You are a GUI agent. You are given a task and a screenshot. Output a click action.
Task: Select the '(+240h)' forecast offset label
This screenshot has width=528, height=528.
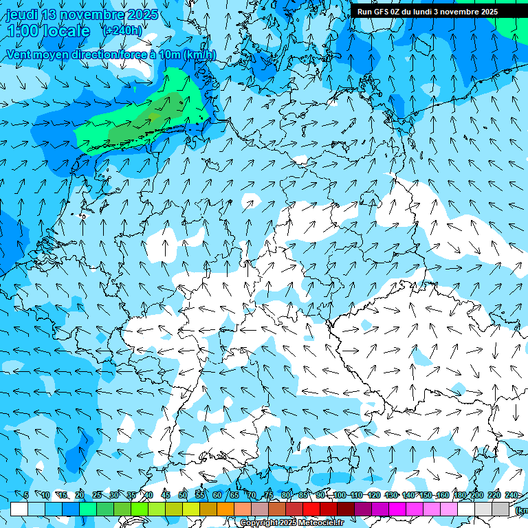coord(122,31)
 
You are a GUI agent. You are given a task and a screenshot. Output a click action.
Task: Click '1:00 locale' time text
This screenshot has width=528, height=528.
coord(48,31)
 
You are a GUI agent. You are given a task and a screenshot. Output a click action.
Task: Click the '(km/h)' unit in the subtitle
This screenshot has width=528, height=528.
coord(199,55)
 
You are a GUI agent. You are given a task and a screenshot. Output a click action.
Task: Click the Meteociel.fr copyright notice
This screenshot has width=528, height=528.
coord(291,523)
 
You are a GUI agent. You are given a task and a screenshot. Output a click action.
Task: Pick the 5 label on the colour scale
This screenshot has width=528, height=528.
coord(26,495)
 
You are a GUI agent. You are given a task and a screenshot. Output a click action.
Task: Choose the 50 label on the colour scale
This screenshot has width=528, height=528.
coord(182,495)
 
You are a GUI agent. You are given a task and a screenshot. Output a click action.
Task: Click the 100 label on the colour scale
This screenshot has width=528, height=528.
coord(340,495)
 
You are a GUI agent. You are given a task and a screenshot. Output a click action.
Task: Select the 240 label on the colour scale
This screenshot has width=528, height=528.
coord(511,495)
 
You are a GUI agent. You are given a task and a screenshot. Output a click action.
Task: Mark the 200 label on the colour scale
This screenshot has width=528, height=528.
coord(476,495)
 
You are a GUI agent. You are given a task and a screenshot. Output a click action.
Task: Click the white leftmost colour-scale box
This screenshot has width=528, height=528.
coord(19,509)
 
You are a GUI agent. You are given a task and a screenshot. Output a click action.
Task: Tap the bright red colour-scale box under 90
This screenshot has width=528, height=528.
coord(311,509)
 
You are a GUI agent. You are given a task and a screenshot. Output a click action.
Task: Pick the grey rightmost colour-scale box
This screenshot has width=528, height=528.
coord(500,509)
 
